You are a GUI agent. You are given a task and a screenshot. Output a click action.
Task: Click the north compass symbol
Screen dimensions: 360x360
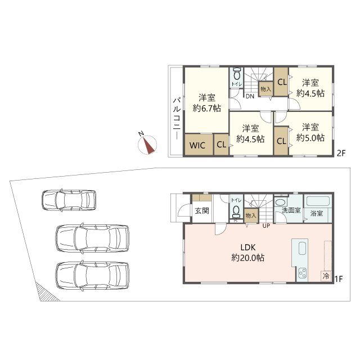(x=147, y=145)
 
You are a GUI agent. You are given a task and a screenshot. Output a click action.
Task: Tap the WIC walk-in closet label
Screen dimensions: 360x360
(x=197, y=145)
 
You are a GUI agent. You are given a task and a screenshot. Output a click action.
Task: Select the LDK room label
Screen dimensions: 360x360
(x=248, y=247)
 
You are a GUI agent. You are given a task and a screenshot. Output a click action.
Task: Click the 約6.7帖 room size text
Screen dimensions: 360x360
(x=206, y=108)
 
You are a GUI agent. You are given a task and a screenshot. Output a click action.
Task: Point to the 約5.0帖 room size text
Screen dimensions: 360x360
(x=310, y=137)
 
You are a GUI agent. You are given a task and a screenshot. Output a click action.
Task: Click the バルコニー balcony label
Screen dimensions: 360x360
(x=176, y=119)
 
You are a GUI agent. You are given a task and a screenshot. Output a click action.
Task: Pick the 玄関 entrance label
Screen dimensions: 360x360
(x=202, y=211)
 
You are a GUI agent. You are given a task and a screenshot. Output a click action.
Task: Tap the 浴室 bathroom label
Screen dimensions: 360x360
(x=317, y=213)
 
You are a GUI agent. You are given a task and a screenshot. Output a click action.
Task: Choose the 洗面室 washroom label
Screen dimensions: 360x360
(x=291, y=210)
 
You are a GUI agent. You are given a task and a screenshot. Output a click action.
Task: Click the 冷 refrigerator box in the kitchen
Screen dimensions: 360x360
(x=326, y=276)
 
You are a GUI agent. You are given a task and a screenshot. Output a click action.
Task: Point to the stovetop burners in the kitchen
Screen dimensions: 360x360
(x=301, y=273)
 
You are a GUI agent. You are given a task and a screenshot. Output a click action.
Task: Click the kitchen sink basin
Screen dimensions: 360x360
(x=303, y=248)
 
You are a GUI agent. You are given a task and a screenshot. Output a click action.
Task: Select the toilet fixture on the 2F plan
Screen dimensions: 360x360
(x=236, y=74)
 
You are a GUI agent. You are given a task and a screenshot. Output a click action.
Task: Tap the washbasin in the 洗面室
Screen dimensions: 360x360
(x=281, y=202)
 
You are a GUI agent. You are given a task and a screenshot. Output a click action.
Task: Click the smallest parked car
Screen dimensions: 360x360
(x=69, y=200)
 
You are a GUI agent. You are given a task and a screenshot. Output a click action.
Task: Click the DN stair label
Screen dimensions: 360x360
(x=250, y=96)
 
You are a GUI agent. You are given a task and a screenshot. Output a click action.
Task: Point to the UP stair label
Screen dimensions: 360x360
(x=266, y=226)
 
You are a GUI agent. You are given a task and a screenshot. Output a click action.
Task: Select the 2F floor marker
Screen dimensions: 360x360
(x=341, y=153)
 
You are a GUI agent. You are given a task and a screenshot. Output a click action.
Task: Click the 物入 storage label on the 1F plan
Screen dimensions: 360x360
(x=250, y=215)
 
